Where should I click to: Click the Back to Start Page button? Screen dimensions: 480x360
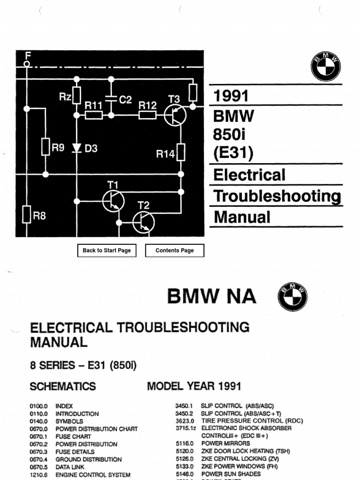[106, 250]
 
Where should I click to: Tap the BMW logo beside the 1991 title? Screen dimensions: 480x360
[326, 66]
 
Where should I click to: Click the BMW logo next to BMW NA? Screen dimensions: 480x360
[292, 297]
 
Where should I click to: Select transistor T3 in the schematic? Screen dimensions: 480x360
[175, 114]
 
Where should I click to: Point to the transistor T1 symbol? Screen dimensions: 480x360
[113, 201]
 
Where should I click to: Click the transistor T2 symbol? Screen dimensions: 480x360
[143, 222]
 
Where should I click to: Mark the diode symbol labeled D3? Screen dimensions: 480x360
[77, 148]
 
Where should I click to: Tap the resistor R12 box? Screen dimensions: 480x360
[148, 114]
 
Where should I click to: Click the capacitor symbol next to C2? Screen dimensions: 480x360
[111, 99]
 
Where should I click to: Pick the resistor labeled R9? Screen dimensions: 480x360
[45, 147]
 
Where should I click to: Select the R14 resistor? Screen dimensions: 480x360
[181, 152]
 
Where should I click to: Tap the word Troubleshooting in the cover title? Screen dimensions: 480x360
[277, 196]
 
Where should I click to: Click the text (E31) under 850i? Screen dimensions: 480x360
[233, 153]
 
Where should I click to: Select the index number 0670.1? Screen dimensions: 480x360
[39, 436]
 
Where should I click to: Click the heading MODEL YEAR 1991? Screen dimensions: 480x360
[194, 386]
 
